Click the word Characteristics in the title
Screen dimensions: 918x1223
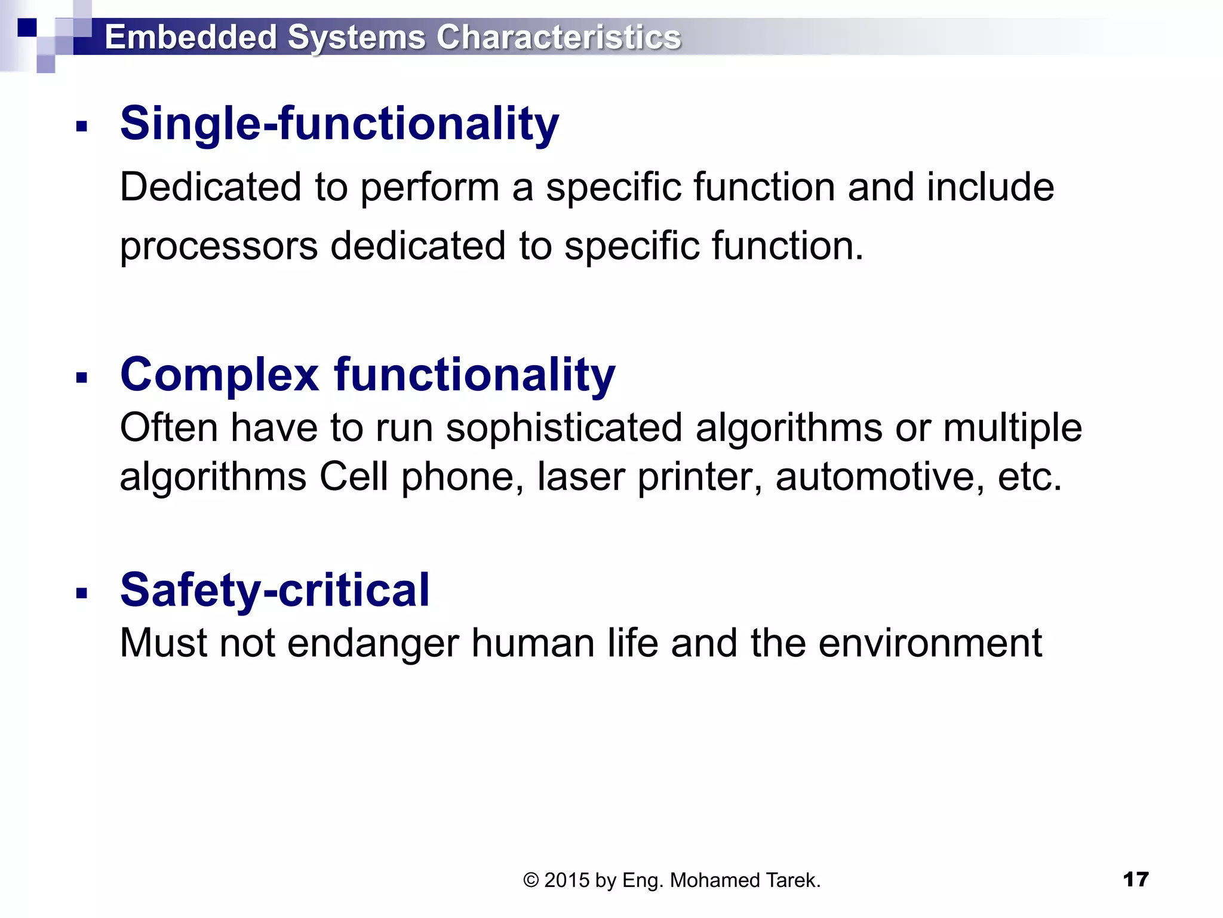tap(558, 37)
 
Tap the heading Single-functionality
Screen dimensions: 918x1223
tap(339, 124)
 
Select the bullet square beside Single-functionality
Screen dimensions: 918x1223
tap(82, 126)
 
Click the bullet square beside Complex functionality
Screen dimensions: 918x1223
tap(82, 378)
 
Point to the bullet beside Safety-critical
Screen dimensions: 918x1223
tap(82, 593)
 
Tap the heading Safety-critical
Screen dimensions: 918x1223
tap(275, 590)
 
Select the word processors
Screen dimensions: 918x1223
tap(219, 247)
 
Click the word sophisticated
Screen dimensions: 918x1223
tap(564, 428)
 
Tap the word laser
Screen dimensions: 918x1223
tap(580, 477)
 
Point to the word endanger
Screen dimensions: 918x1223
tap(373, 643)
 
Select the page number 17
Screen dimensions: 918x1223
tap(1135, 879)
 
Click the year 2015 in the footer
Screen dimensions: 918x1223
tap(567, 880)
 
